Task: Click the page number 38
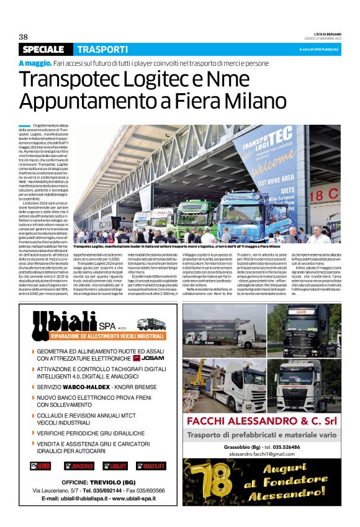pos(24,36)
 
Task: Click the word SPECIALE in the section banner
pos(43,50)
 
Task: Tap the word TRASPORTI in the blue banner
pos(102,50)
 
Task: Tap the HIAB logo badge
pos(42,465)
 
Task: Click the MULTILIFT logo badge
pos(151,465)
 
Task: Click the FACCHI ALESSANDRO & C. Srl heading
pos(261,423)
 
